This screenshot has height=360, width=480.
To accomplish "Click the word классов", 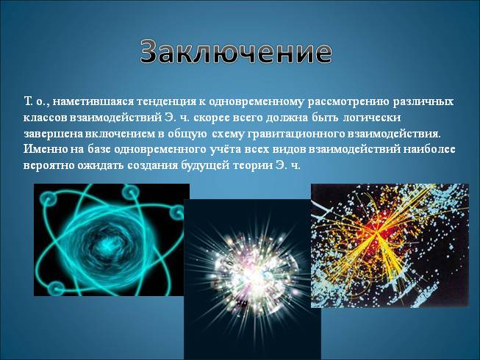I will (46, 118).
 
